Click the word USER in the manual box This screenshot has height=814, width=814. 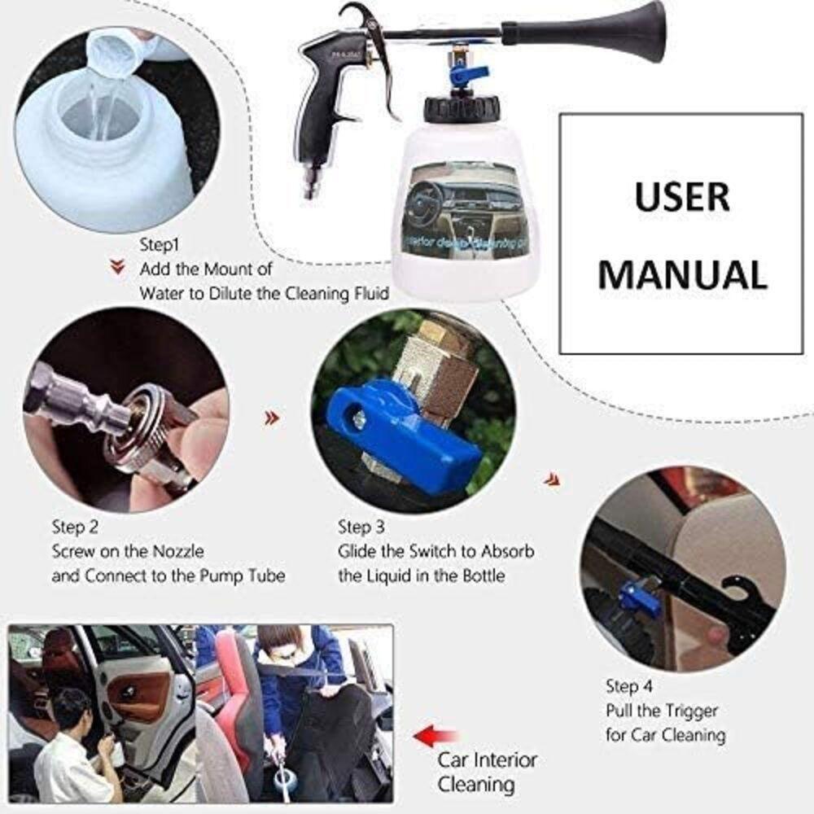click(682, 198)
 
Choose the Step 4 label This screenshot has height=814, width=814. click(628, 685)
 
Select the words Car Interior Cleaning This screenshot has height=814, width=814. click(487, 772)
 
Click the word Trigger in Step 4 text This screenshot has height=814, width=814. click(684, 711)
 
